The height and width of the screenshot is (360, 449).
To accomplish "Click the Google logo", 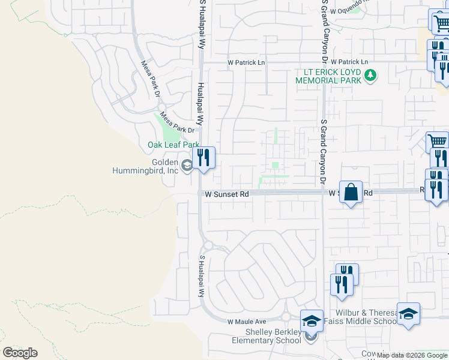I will [20, 353].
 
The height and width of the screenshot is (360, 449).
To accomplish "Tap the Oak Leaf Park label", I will [173, 145].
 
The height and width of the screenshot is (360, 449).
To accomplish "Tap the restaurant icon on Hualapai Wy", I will [204, 158].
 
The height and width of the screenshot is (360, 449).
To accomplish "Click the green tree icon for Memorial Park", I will [371, 76].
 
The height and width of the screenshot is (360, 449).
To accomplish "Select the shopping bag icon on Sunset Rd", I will [352, 192].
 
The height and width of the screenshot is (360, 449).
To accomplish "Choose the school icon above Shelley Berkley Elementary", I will [312, 321].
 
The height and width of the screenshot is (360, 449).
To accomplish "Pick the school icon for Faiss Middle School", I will [408, 314].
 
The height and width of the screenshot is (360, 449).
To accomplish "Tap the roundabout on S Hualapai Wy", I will [208, 245].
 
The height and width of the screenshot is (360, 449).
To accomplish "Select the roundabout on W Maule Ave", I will [286, 317].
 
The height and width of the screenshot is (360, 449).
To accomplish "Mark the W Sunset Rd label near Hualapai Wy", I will [226, 194].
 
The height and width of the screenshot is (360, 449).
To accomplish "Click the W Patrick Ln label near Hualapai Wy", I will [246, 62].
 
